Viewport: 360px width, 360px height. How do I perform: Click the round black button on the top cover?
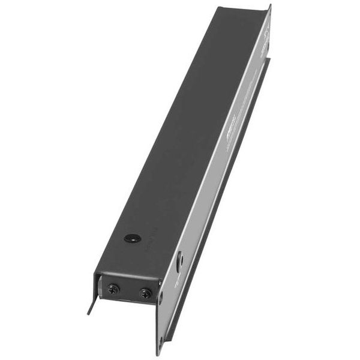tap(131, 238)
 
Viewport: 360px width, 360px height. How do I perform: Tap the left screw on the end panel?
tap(113, 289)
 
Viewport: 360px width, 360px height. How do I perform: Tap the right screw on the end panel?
tap(145, 293)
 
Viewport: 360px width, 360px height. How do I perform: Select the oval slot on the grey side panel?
tap(180, 259)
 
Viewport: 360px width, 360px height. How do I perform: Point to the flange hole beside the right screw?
tap(160, 295)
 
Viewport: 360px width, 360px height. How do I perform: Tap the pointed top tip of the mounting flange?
tap(270, 5)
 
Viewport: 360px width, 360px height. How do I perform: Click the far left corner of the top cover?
tap(217, 8)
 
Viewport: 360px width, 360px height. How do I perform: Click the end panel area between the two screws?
tap(130, 292)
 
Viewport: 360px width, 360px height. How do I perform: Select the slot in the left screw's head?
tap(113, 289)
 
